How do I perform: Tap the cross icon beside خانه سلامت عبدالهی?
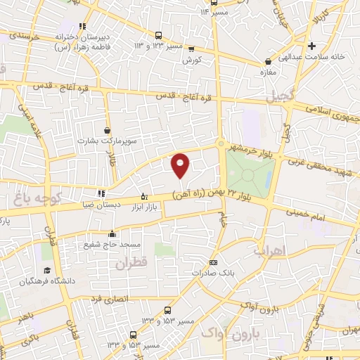point(311,46)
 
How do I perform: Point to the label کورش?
point(192,61)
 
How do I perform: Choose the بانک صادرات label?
point(214,273)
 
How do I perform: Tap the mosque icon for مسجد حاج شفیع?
point(111,234)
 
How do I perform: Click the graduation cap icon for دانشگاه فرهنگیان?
point(47,271)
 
